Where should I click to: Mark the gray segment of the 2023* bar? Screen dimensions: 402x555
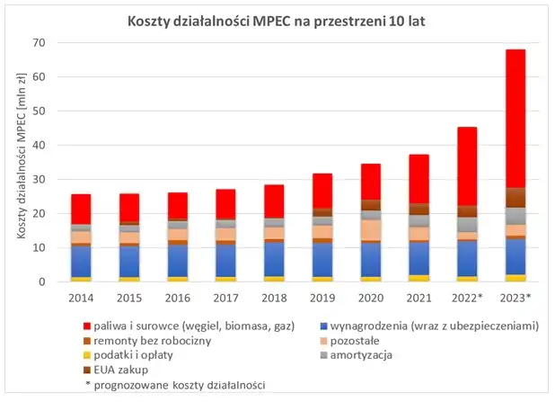pos(515,216)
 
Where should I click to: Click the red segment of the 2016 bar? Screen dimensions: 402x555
pos(178,206)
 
